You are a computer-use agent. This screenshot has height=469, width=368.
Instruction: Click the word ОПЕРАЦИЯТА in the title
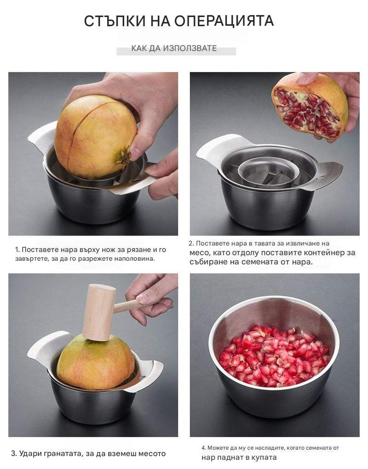coord(224,21)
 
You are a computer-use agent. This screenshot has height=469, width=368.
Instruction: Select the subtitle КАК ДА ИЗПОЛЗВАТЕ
coord(174,48)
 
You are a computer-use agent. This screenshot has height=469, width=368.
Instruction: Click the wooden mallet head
coord(98,312)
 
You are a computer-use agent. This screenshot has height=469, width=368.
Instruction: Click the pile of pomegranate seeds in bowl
coord(274,356)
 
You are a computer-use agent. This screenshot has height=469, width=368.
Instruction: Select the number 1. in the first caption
coord(17,250)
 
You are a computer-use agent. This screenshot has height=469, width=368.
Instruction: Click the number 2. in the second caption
coord(191,244)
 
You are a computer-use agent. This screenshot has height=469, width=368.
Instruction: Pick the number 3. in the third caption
coord(14,454)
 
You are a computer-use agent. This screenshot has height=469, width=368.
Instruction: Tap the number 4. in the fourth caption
coord(204,448)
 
